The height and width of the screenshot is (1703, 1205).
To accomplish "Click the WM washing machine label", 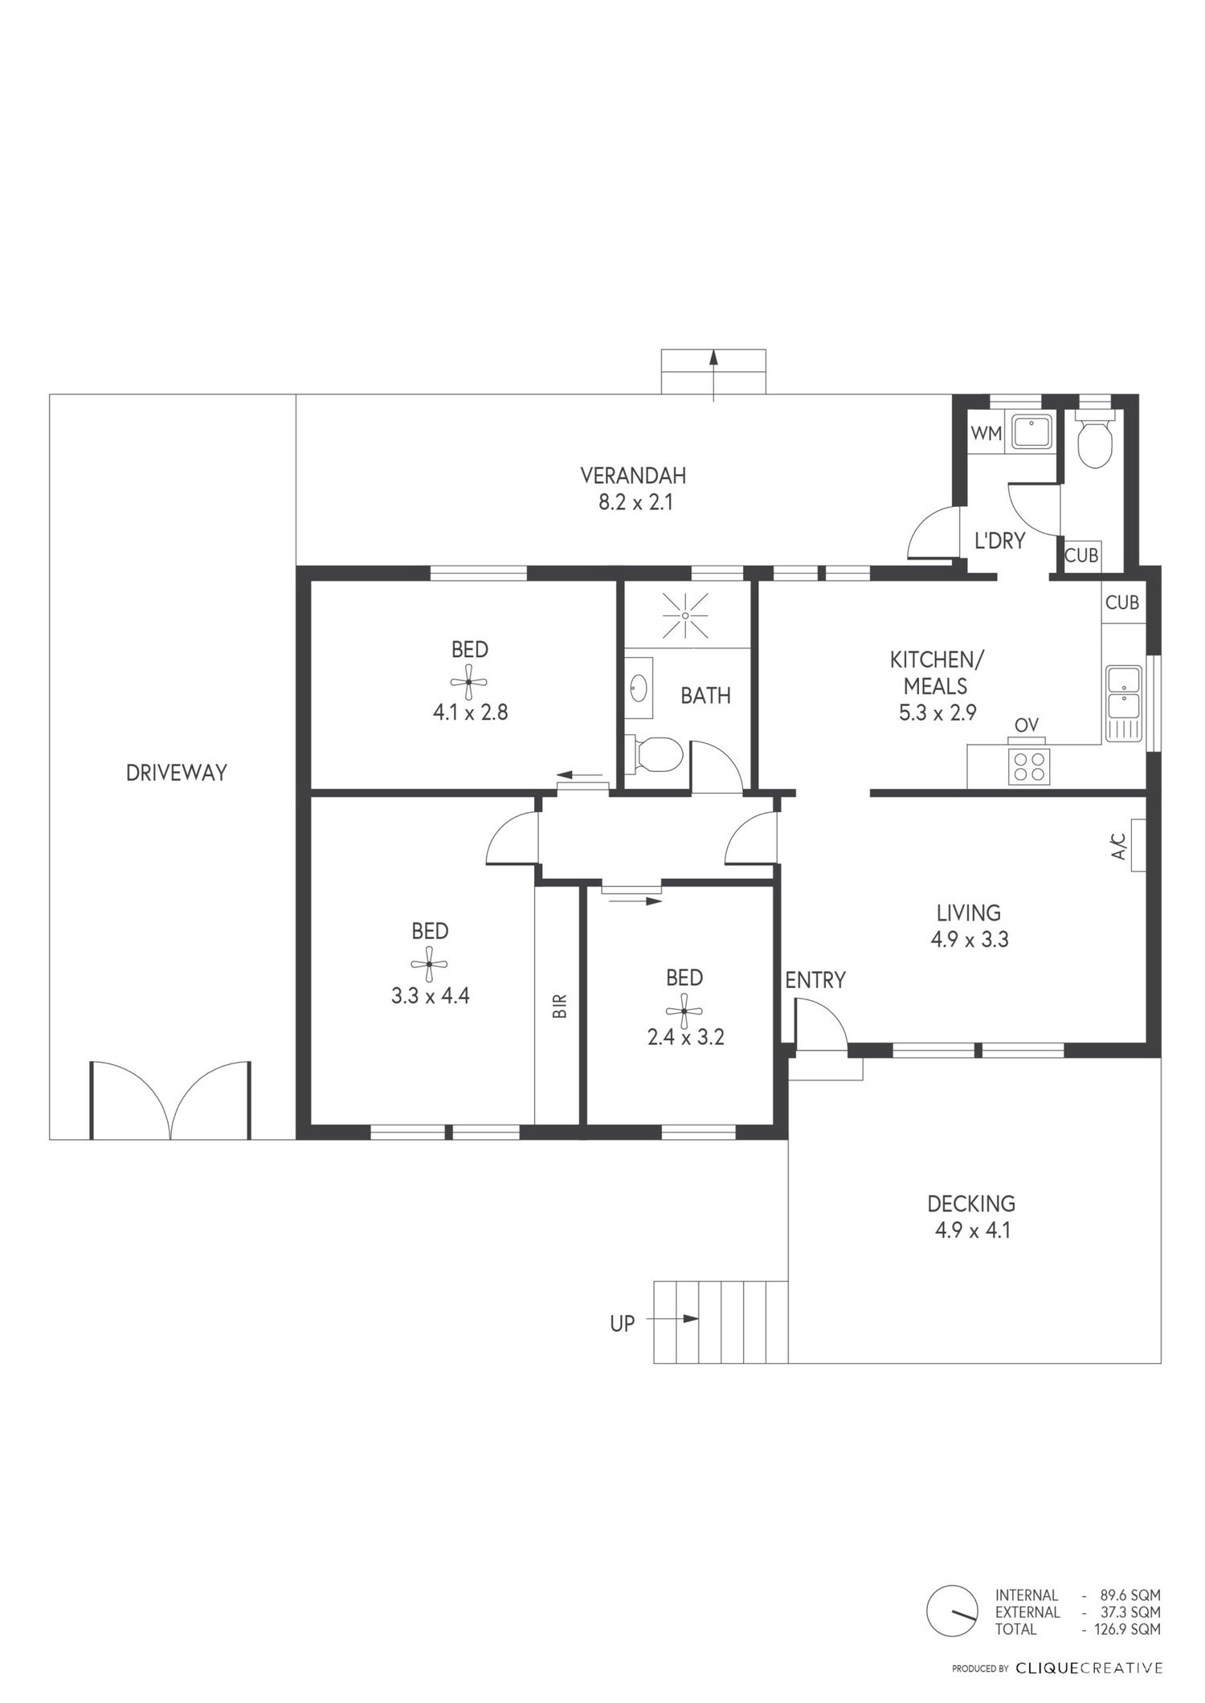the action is [986, 433].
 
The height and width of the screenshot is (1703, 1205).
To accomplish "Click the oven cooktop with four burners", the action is [1029, 766].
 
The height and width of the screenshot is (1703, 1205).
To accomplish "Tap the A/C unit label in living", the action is [1118, 845].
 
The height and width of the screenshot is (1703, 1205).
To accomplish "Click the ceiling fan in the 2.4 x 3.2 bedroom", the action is [684, 1011].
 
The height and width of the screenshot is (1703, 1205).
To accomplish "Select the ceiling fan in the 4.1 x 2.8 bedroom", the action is [469, 683].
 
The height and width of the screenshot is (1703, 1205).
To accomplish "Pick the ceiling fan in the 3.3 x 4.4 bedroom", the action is [429, 965].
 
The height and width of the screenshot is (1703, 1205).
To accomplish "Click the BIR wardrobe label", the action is [560, 1006].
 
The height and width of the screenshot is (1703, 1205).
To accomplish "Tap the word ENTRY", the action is [815, 980].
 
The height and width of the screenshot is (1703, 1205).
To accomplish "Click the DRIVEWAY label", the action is [177, 773].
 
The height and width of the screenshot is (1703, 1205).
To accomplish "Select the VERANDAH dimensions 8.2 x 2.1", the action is [633, 504].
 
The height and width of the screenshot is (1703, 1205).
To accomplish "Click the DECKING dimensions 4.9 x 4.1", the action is [972, 1231].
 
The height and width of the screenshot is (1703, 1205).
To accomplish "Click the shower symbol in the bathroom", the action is [685, 615].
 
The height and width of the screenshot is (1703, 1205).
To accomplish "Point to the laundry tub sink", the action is [1031, 433].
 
